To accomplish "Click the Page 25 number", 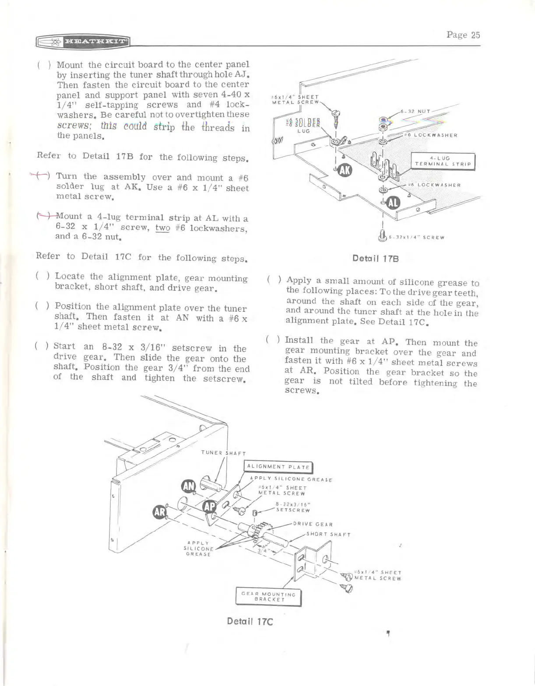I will (463, 35).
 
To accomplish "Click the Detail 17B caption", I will (375, 258).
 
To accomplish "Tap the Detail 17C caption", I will (250, 621).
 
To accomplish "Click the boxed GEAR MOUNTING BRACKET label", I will (268, 597).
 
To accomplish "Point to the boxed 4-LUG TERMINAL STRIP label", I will (443, 161).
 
